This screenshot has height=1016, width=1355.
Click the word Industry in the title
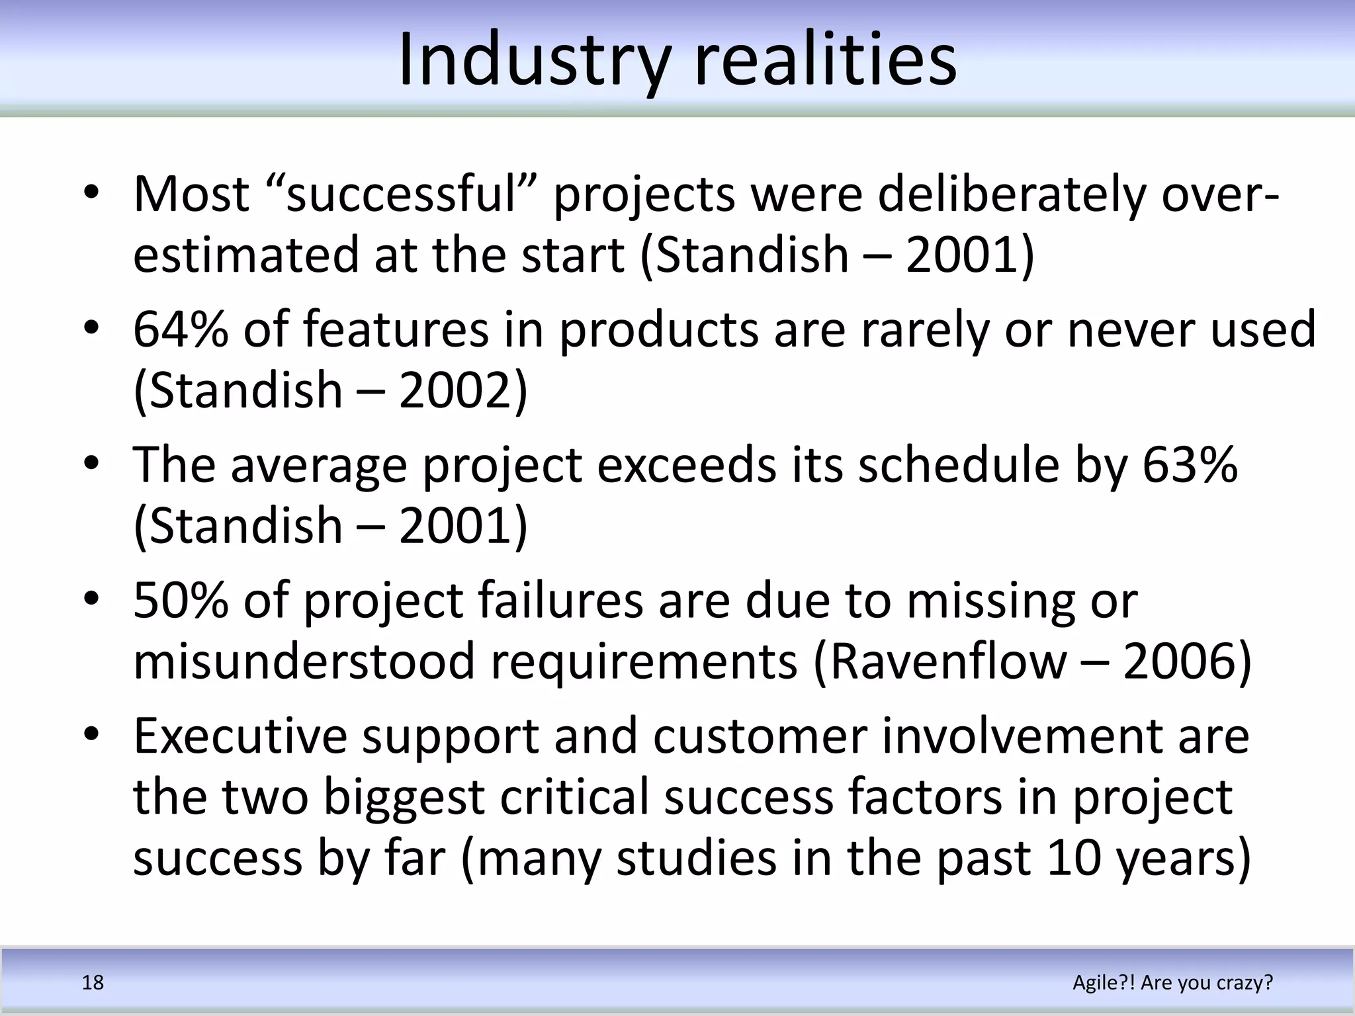[x=535, y=61]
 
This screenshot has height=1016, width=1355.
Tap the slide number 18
[x=93, y=982]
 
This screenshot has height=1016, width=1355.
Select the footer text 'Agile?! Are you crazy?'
[x=1172, y=982]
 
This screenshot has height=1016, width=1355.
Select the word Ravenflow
[x=947, y=661]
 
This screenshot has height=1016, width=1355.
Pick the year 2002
[x=455, y=390]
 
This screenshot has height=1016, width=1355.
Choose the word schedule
[x=959, y=464]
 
